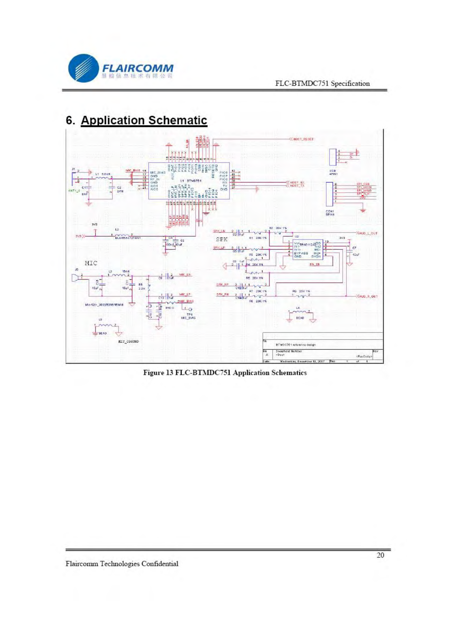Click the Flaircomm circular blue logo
coord(83,68)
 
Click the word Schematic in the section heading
coord(178,120)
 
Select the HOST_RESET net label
coord(303,139)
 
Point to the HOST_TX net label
coord(298,186)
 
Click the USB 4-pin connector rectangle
coord(332,157)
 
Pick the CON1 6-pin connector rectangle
coord(329,194)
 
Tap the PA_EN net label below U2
coord(315,265)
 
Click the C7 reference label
coord(355,248)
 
